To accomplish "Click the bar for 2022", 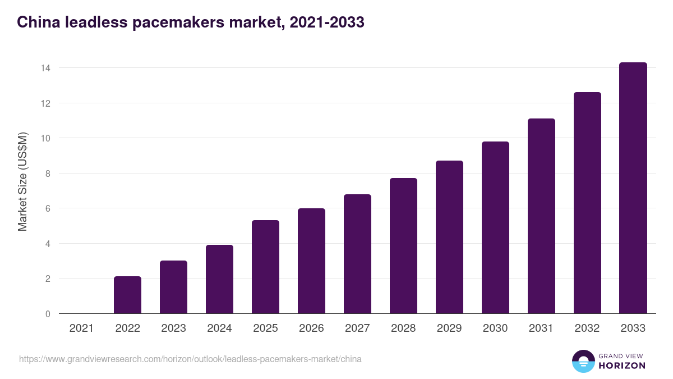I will click(127, 295).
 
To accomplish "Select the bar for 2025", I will click(265, 267).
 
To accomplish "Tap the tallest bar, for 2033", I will click(633, 188).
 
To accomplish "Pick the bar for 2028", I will click(403, 246).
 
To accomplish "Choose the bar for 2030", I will click(495, 227).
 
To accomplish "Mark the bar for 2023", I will click(173, 287).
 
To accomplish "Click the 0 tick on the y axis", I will click(48, 314).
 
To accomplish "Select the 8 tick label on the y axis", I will click(48, 173).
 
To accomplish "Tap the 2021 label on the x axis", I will click(81, 328).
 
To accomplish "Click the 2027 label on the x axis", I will click(357, 328).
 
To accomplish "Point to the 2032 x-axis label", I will click(587, 328).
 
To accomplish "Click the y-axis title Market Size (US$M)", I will click(22, 181).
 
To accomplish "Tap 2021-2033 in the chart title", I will click(326, 22).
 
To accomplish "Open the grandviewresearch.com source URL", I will click(190, 359).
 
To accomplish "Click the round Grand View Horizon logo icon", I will click(583, 361).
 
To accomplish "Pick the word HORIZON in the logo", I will click(622, 366).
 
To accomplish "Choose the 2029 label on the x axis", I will click(449, 328).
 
